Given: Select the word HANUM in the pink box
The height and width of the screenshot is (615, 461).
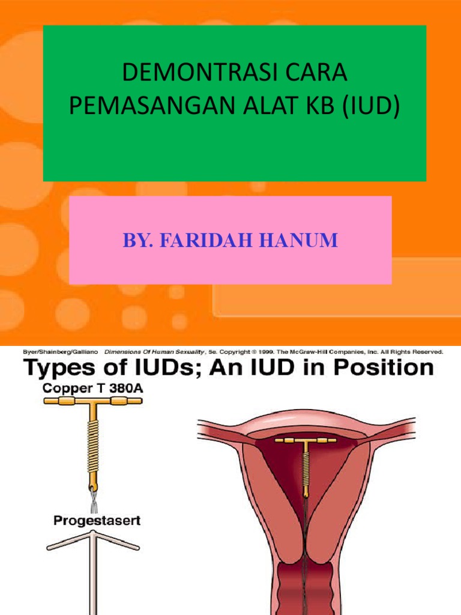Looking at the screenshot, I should tap(305, 241).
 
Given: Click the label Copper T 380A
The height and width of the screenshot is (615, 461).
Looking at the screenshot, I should tap(93, 389).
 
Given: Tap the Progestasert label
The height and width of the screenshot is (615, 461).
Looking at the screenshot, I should tap(97, 520).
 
